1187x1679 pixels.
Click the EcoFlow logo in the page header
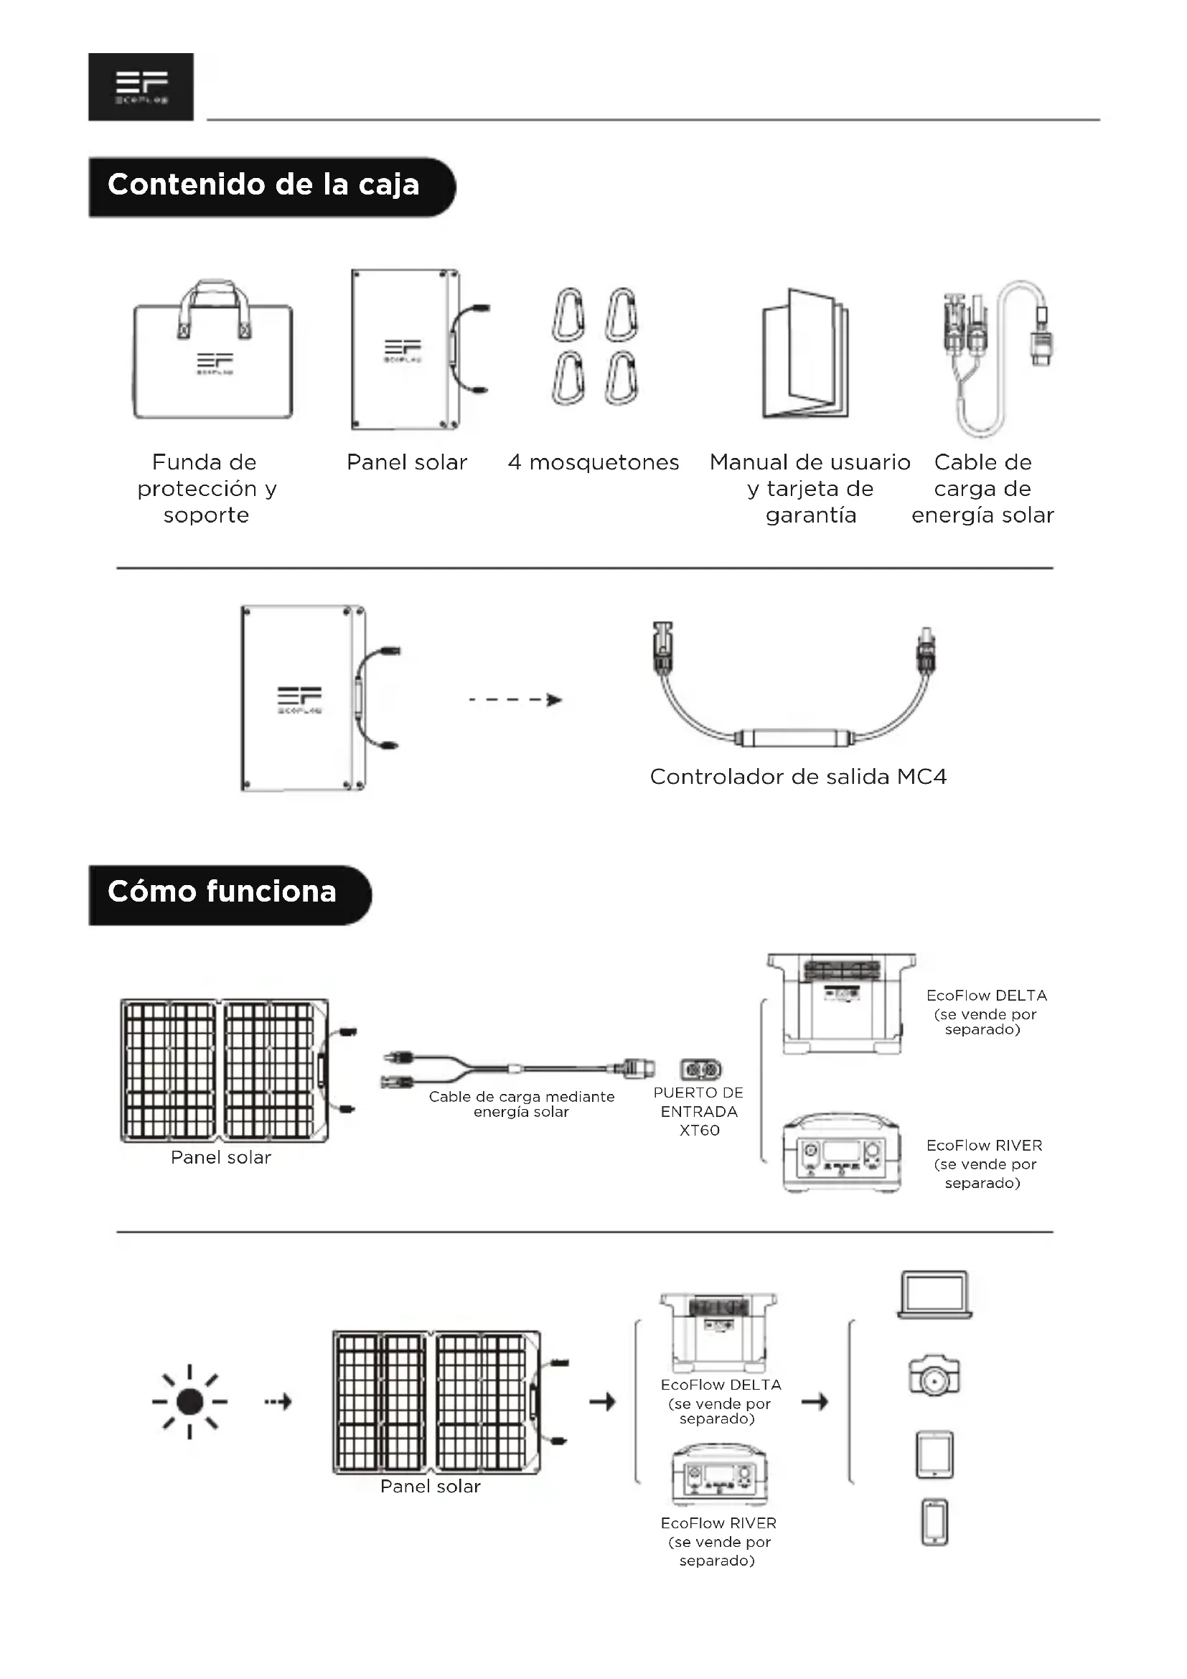141,86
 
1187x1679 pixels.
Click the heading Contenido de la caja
264,186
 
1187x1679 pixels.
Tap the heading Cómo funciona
222,893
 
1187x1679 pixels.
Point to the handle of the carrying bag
214,296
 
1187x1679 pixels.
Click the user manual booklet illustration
804,354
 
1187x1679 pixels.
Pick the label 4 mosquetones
593,462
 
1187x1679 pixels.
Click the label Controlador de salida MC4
798,777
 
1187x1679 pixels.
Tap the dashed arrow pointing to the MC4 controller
515,700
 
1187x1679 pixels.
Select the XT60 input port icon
701,1070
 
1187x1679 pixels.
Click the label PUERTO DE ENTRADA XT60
699,1111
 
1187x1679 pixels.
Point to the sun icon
190,1402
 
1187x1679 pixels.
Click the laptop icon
935,1295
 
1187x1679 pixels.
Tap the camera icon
934,1376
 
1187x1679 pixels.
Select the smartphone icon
935,1523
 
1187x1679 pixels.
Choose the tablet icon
935,1454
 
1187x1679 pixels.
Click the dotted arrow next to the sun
278,1402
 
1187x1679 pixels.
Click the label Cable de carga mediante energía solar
521,1104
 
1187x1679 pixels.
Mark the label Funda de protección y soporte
207,489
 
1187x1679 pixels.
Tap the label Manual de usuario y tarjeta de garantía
810,489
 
